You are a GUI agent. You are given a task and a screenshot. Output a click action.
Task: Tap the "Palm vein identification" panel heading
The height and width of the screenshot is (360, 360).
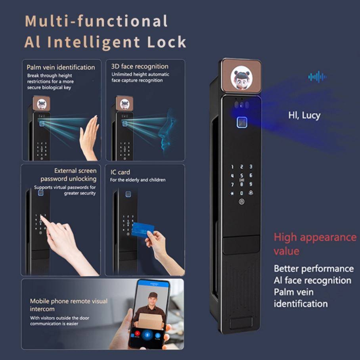61,67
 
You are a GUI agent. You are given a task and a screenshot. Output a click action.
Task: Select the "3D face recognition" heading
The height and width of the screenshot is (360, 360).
140,67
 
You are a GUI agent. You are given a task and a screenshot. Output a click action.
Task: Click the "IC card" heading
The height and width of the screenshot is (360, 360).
120,172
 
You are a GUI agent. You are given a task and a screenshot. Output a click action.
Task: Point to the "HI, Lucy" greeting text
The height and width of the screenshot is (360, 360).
304,115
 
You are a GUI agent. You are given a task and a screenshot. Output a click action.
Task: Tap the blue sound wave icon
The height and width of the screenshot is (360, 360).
317,77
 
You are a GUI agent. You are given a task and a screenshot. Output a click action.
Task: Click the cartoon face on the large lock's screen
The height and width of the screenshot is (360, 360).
241,79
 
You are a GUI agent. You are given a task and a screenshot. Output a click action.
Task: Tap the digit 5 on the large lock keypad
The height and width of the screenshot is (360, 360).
241,175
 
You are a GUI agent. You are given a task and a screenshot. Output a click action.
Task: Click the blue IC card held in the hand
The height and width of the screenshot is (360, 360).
143,229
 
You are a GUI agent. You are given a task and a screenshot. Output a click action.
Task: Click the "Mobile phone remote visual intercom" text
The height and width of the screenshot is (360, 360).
69,305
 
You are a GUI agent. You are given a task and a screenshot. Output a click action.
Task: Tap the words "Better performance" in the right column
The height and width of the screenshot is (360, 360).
314,268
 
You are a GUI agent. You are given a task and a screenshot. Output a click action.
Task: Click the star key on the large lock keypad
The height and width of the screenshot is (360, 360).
232,193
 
